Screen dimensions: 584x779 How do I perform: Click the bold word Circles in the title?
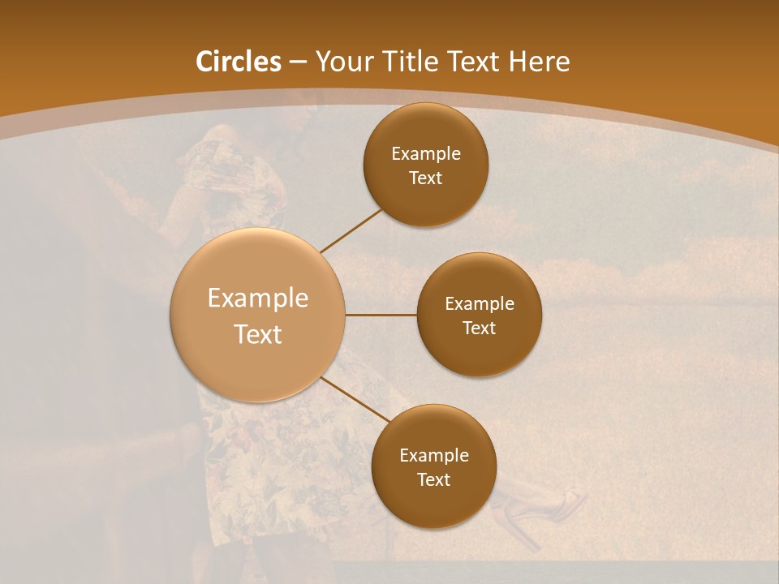pyautogui.click(x=238, y=62)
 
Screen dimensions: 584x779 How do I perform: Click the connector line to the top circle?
pyautogui.click(x=351, y=230)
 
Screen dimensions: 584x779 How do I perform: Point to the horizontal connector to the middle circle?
pyautogui.click(x=381, y=315)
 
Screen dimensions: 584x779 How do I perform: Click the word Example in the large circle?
pyautogui.click(x=258, y=298)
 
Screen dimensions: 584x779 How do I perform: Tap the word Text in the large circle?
pyautogui.click(x=258, y=334)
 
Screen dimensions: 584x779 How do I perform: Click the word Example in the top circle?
pyautogui.click(x=426, y=154)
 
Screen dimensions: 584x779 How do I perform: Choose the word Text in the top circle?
pyautogui.click(x=426, y=178)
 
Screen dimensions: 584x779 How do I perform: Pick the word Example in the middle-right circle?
pyautogui.click(x=480, y=304)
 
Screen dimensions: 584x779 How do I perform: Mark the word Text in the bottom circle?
pyautogui.click(x=433, y=480)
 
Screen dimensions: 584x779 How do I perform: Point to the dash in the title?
pyautogui.click(x=297, y=62)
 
